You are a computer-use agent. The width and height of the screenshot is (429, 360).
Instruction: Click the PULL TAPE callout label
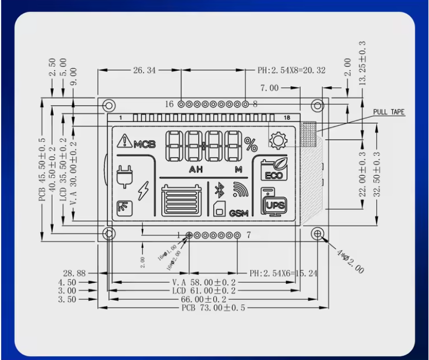tap(389, 112)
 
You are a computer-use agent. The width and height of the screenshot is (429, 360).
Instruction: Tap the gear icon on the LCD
tap(278, 141)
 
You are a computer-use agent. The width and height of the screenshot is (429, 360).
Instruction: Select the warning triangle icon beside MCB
tap(125, 141)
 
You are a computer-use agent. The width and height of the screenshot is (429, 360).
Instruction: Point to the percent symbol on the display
tap(251, 144)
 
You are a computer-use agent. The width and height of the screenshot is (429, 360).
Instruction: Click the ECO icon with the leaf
tap(274, 170)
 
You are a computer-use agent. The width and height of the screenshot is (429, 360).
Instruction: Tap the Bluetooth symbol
tap(219, 189)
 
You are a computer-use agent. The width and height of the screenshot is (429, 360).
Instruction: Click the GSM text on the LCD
tap(239, 213)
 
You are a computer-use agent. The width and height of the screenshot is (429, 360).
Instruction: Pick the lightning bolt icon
tap(144, 191)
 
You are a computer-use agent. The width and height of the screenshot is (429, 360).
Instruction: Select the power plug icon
tap(124, 178)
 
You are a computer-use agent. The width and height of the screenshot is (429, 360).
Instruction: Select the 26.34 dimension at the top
tap(144, 70)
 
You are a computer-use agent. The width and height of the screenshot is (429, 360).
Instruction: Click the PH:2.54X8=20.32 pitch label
tap(292, 71)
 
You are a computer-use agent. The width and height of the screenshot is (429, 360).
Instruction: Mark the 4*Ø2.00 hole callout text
tap(350, 262)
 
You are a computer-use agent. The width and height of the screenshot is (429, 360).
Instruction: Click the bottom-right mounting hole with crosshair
tap(318, 234)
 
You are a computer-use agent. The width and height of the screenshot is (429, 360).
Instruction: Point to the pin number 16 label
tap(169, 104)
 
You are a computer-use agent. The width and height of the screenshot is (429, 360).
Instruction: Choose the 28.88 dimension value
tap(74, 274)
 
